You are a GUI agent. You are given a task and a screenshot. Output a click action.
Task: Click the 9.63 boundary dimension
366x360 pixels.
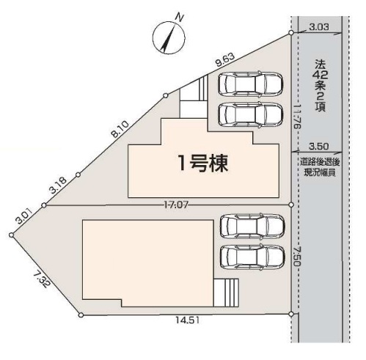point(225,60)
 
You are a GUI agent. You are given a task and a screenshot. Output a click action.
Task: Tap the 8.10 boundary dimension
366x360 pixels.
point(120,129)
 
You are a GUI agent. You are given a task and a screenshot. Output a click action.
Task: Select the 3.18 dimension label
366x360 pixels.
point(58,185)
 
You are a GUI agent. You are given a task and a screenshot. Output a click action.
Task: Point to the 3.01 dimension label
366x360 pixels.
point(23,216)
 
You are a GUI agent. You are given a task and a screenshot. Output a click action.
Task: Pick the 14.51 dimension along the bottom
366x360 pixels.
point(188,320)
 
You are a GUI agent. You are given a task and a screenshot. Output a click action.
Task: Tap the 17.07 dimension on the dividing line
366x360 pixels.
point(175,205)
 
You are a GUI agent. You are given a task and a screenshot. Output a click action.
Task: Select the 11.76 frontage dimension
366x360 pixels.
point(297,117)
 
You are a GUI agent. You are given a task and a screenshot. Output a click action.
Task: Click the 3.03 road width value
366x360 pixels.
point(319,27)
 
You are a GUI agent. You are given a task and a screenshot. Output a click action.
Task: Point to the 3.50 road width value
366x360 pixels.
point(319,147)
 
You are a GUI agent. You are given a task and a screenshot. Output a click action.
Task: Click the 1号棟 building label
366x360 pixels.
point(203,164)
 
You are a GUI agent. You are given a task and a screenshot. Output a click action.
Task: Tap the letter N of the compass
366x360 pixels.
point(180,18)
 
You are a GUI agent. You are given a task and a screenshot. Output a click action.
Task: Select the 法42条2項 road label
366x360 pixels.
point(321,86)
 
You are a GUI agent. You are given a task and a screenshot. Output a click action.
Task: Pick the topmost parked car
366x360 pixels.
point(251,84)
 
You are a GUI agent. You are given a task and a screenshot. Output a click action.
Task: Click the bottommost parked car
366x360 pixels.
point(252,257)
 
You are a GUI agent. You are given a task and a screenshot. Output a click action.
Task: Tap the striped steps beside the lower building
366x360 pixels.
point(226,293)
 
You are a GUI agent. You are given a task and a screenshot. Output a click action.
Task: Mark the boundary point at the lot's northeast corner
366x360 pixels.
point(291,33)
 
